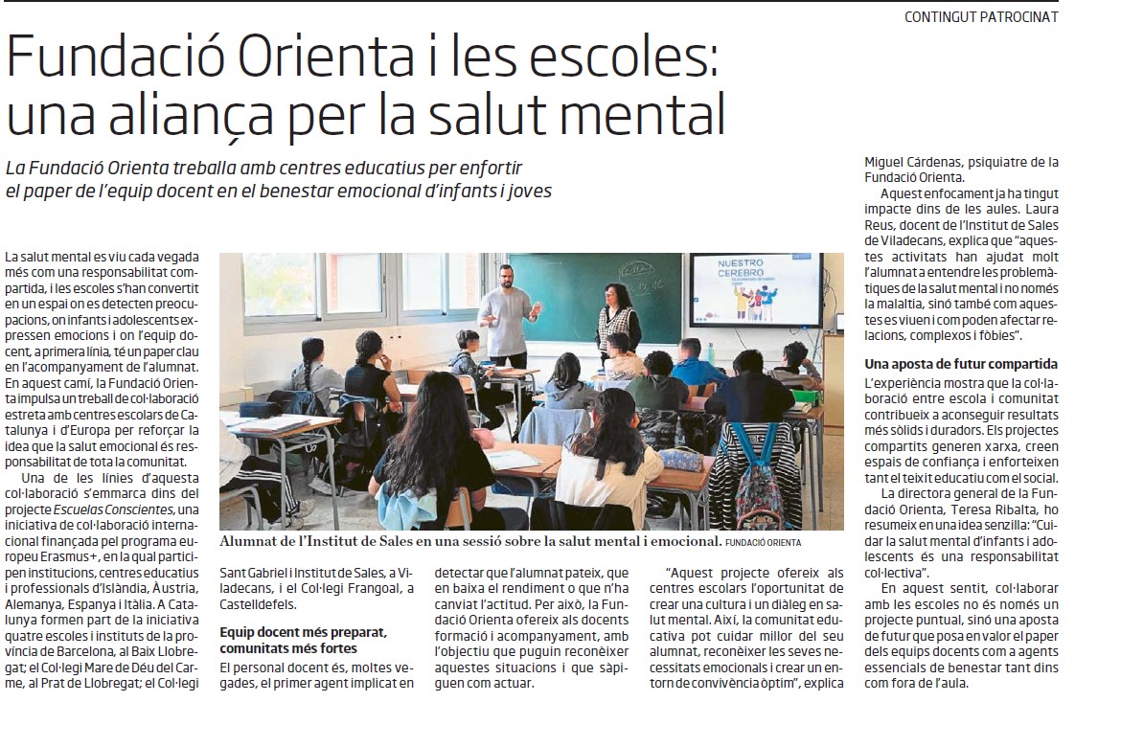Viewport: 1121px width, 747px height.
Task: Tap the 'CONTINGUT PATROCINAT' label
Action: click(x=981, y=16)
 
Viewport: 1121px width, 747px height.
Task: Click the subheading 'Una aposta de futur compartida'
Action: click(x=961, y=364)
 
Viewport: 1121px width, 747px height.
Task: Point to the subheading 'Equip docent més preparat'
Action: click(x=303, y=634)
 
